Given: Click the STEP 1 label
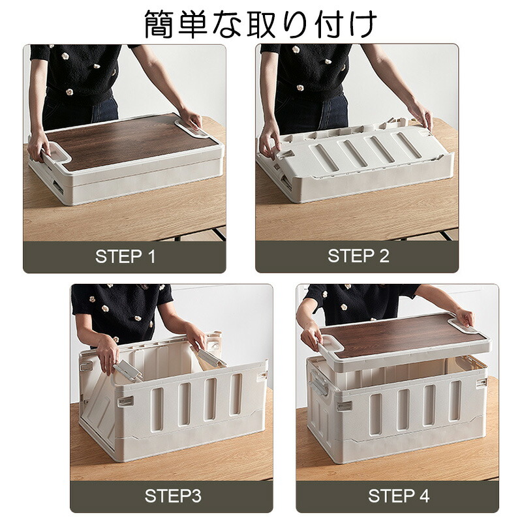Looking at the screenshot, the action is point(125,256).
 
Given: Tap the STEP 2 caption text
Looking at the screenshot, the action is point(358,256).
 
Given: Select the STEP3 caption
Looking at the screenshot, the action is point(173,496).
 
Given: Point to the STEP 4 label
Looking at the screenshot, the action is point(399,496).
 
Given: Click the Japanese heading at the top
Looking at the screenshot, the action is point(260,24).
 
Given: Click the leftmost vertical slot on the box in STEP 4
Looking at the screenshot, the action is point(376,414).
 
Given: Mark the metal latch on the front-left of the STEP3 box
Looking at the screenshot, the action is point(125,401).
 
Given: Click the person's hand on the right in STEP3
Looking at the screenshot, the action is point(196,337).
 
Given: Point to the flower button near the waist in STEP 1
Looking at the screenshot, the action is point(69,92).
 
